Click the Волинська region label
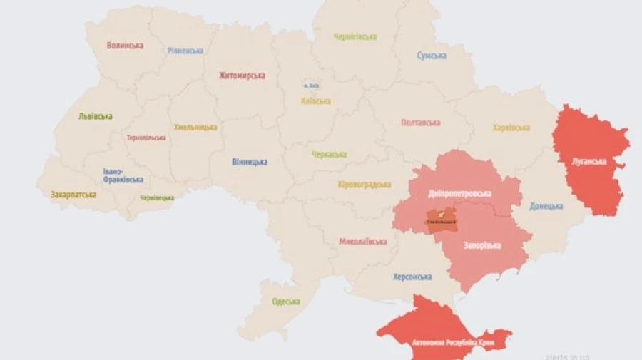coord(125,46)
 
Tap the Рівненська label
coord(185,51)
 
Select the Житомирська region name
coord(242,75)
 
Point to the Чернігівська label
coord(355,36)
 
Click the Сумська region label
coord(432,56)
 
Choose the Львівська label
coord(96,116)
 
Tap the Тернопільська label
coord(146,138)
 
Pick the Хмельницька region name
coord(195,127)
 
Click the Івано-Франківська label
coord(123,176)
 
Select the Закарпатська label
coord(73,194)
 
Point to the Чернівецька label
coord(157,197)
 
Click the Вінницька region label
coord(250,162)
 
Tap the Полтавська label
coord(420,123)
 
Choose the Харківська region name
coord(511,128)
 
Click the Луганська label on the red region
coord(589,161)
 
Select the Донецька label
coord(546,206)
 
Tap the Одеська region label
coord(286,302)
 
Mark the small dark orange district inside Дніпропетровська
coord(442,219)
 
